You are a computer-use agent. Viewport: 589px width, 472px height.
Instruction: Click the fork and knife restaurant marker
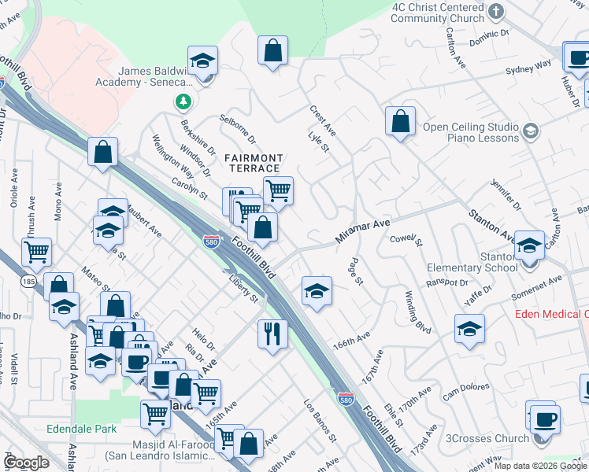click(x=272, y=334)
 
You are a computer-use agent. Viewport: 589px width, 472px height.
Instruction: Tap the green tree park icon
click(x=183, y=101)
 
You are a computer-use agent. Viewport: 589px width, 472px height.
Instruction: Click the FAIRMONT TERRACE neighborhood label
click(x=254, y=163)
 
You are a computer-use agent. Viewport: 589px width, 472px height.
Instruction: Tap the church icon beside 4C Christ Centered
click(x=495, y=11)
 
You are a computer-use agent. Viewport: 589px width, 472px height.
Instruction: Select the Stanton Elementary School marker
click(x=529, y=245)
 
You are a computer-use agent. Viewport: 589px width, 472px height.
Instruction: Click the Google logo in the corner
click(x=25, y=462)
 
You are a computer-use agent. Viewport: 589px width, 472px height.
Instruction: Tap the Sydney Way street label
click(x=528, y=70)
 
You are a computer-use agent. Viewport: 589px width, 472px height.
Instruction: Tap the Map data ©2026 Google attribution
click(x=539, y=466)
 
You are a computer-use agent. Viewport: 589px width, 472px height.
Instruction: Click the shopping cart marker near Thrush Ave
click(x=36, y=252)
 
